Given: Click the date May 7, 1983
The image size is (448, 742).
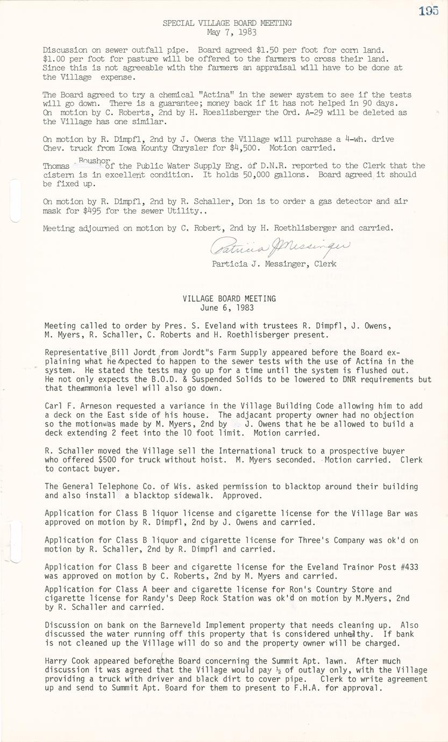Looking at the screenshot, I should pyautogui.click(x=227, y=32).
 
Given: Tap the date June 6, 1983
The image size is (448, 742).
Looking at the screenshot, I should pyautogui.click(x=229, y=308).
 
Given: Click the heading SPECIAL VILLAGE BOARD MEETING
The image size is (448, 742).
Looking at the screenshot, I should pyautogui.click(x=227, y=23).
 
